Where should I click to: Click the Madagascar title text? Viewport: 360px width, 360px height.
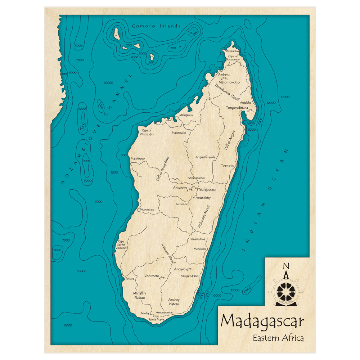click(262, 321)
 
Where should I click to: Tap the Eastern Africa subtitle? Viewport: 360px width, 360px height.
click(278, 338)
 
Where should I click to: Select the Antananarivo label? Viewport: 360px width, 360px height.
click(196, 178)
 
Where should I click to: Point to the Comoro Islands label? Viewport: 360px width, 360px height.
click(156, 26)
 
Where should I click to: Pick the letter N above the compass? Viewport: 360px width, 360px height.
click(286, 266)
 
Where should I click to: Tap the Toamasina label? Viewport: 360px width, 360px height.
click(228, 166)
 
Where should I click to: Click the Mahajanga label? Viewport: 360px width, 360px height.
click(186, 115)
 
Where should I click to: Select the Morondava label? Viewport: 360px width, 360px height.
click(147, 210)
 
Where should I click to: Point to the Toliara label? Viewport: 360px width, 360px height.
click(130, 279)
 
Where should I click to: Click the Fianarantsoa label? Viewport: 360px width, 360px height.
click(197, 239)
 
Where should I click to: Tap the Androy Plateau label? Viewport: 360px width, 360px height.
click(174, 302)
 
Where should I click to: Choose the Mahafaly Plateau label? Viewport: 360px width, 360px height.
click(140, 295)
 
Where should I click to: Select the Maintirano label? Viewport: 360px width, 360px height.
click(138, 158)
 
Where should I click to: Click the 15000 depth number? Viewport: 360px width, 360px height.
click(67, 325)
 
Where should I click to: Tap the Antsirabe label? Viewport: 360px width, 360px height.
click(181, 204)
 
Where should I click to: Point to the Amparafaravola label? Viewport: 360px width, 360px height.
click(205, 157)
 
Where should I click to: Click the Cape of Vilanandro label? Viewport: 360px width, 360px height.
click(147, 132)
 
